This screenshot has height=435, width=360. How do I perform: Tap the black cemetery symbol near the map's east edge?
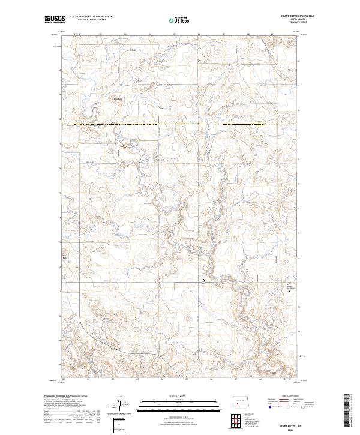pos(292,294)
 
